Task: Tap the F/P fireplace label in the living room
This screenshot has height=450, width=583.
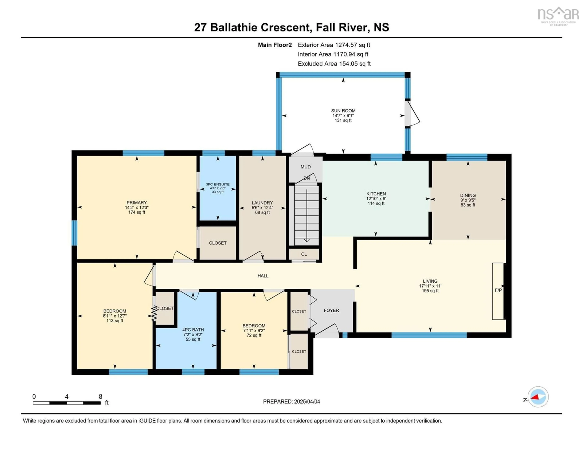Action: point(498,290)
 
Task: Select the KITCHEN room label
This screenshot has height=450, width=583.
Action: point(376,194)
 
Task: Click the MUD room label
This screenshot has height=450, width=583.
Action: point(306,167)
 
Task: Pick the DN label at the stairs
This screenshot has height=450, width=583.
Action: point(306,178)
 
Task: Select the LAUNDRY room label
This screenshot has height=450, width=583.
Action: point(262,203)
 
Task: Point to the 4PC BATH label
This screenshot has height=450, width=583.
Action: point(193,330)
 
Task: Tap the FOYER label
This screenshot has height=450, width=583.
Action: point(331,310)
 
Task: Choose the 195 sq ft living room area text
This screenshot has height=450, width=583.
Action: point(430,291)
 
